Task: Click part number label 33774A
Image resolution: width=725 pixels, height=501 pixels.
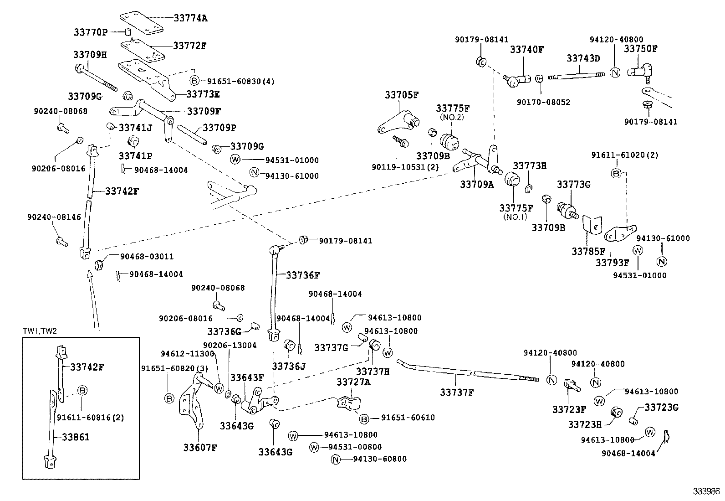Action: click(x=190, y=18)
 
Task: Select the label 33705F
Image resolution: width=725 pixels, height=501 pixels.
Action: click(x=401, y=95)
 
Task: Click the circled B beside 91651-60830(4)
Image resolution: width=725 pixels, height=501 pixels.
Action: click(x=194, y=81)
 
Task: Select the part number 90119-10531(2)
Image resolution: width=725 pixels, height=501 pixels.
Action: click(x=405, y=167)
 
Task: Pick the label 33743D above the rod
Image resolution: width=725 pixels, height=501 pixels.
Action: click(x=583, y=58)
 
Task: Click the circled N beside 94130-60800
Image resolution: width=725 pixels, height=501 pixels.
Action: click(x=335, y=459)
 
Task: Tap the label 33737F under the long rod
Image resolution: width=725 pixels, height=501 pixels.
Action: click(x=457, y=392)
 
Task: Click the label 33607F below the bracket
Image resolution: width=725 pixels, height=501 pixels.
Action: click(x=200, y=447)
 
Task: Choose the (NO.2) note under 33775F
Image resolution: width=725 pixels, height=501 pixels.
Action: click(x=452, y=117)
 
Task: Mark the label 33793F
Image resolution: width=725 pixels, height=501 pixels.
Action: click(x=612, y=263)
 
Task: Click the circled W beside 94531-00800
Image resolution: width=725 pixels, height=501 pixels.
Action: click(x=314, y=447)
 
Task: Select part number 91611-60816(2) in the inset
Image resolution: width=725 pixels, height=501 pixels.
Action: click(x=90, y=417)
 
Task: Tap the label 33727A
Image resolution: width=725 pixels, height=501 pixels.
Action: click(x=353, y=382)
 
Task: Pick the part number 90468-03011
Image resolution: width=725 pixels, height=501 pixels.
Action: click(x=147, y=257)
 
